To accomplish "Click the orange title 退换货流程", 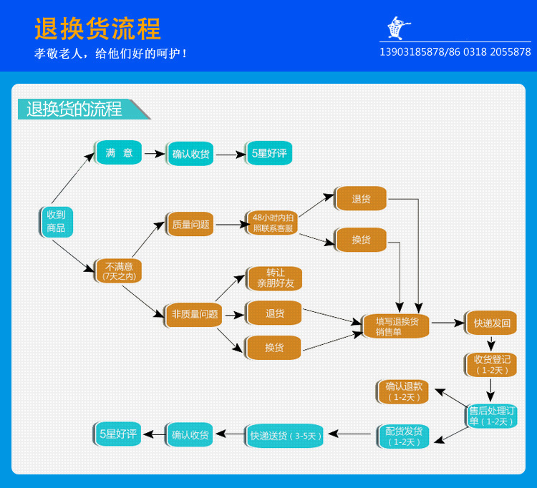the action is (x=97, y=29).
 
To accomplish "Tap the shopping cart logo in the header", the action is (x=398, y=28).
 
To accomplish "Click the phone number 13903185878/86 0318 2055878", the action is (x=455, y=52).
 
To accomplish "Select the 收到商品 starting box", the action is (x=56, y=222).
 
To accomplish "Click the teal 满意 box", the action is (x=118, y=152).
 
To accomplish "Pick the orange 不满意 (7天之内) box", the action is (x=118, y=271).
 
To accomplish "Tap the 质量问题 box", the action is (x=190, y=225).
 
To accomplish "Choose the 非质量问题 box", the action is (x=194, y=315).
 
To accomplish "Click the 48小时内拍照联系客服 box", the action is (x=273, y=223).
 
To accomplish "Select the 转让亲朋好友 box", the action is (x=275, y=278).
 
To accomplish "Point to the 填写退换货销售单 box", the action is (x=396, y=326).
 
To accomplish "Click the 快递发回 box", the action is (x=491, y=323).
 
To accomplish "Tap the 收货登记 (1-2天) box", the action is (x=491, y=365).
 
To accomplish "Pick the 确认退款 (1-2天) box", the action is (x=403, y=392).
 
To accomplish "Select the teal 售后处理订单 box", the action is (x=492, y=416).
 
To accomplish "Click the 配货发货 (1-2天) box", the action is (x=403, y=436).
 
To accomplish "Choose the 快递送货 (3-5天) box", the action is (x=285, y=436).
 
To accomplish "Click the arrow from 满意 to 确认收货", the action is (x=155, y=154).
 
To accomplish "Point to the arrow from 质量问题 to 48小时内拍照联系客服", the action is (x=233, y=225).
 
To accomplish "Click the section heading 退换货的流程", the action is (x=74, y=109).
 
